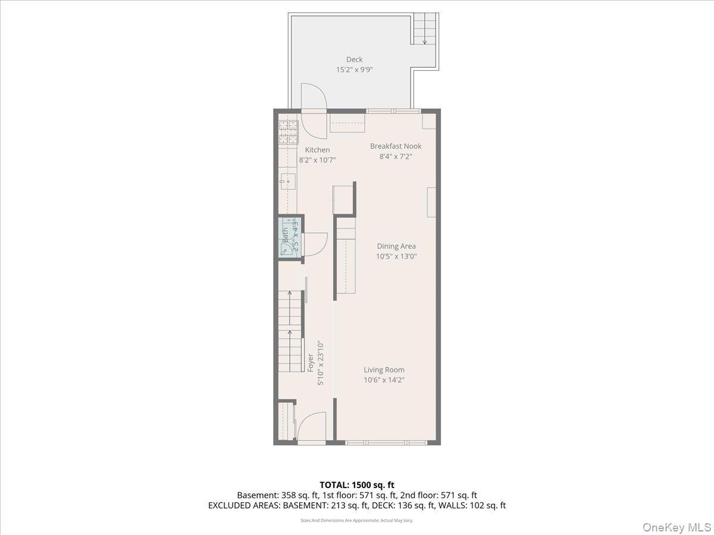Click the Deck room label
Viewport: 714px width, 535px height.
(x=355, y=59)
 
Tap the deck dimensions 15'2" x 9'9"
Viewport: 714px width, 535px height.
(x=355, y=70)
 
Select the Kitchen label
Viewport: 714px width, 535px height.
(x=317, y=150)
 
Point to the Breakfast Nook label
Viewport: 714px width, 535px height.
(x=396, y=146)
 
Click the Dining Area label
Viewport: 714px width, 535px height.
(x=396, y=246)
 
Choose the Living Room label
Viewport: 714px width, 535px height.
(x=384, y=370)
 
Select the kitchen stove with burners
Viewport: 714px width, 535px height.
(x=288, y=133)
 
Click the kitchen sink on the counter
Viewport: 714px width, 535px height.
(x=288, y=180)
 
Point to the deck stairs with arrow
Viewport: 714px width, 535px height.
(x=425, y=30)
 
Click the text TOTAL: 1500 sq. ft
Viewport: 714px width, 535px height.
(x=357, y=485)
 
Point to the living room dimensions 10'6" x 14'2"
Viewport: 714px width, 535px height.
(x=384, y=380)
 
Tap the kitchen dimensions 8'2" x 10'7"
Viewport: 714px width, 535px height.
(x=317, y=160)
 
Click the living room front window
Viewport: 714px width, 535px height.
(x=386, y=442)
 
